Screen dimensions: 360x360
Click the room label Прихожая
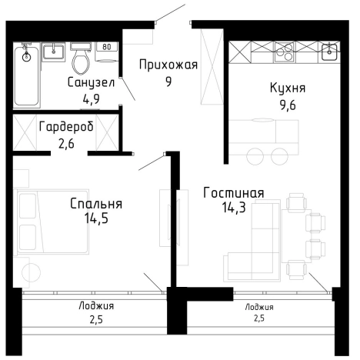click(x=168, y=65)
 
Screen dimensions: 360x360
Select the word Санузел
click(x=91, y=82)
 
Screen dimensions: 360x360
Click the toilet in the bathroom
click(x=80, y=58)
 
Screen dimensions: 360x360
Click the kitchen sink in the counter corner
click(x=330, y=53)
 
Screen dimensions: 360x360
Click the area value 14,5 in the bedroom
click(x=96, y=218)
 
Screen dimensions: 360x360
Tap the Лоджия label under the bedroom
click(x=96, y=305)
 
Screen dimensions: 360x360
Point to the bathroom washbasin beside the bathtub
click(x=53, y=52)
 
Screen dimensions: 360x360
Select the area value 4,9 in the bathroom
click(x=91, y=97)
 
